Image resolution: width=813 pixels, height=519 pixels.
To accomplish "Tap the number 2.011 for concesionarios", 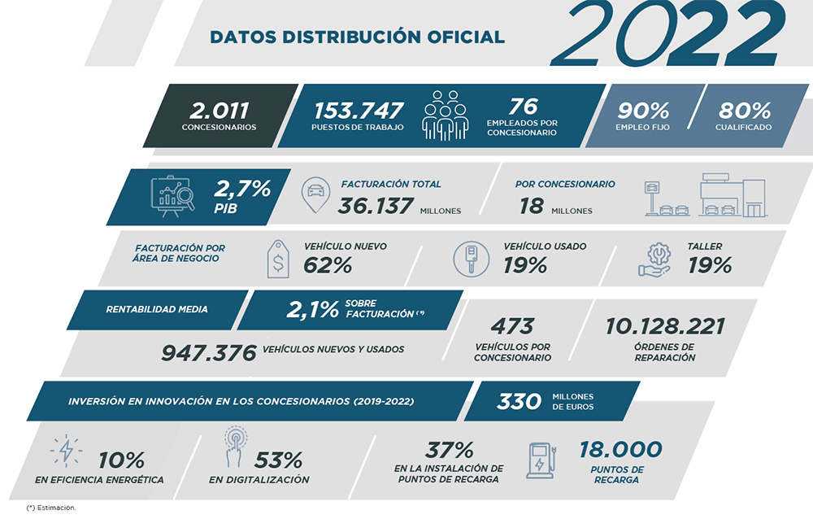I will [x=219, y=110].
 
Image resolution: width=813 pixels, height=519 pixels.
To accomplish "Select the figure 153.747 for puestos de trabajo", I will [x=359, y=110].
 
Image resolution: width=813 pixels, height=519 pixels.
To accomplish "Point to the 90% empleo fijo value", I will [x=642, y=110].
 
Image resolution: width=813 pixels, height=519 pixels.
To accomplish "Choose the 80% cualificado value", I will [x=744, y=110].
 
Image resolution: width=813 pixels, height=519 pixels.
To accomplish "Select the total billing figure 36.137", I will [x=375, y=206].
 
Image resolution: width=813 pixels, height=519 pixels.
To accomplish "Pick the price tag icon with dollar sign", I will [x=278, y=259].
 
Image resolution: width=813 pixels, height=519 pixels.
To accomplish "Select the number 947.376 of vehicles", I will [x=210, y=351].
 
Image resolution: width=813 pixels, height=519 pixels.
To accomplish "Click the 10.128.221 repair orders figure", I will [x=664, y=327].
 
